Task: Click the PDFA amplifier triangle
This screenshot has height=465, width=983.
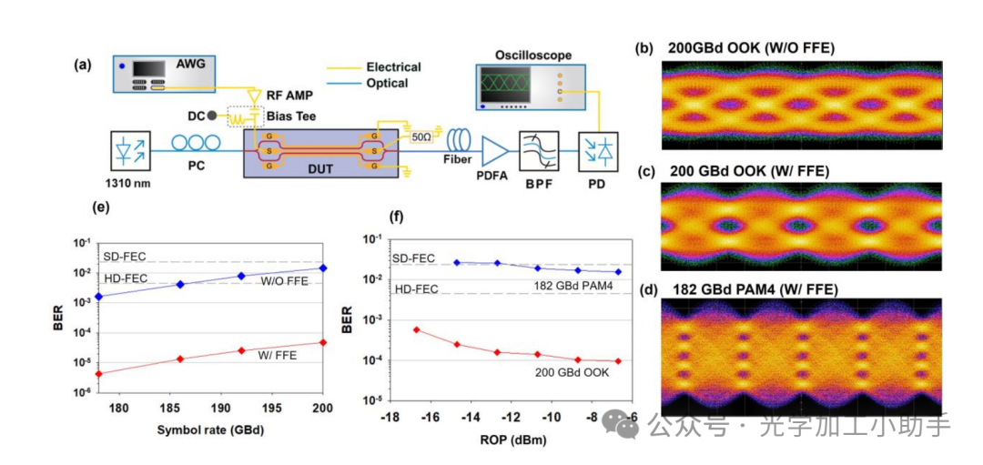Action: click(x=495, y=149)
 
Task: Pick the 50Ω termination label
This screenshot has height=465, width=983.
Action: click(x=421, y=136)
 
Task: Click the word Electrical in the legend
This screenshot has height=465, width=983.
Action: click(x=393, y=66)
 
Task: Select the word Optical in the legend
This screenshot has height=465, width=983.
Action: click(x=387, y=83)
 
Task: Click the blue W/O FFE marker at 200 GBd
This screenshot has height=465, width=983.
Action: click(x=323, y=268)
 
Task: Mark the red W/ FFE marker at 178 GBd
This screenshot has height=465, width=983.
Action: click(x=98, y=373)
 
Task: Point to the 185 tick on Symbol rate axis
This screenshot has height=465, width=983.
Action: click(x=167, y=409)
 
